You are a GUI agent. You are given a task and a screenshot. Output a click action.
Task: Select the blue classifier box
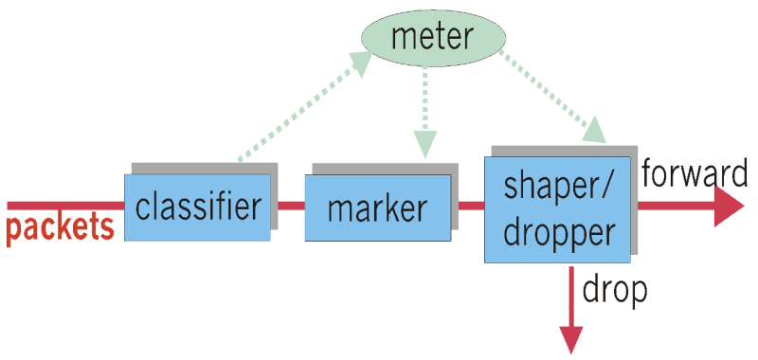197,207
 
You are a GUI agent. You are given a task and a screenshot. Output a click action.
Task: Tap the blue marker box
377,207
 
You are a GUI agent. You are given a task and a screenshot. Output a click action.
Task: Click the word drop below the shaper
613,288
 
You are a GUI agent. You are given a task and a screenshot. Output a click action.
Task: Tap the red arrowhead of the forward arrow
730,206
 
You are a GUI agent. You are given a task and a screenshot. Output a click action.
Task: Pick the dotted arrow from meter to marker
425,104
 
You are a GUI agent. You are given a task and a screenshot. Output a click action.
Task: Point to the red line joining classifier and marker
291,205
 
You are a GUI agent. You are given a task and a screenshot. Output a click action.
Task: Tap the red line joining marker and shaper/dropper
471,205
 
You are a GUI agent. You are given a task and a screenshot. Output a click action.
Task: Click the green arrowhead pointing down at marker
425,142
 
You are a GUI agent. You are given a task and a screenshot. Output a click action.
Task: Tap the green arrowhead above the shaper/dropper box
594,130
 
